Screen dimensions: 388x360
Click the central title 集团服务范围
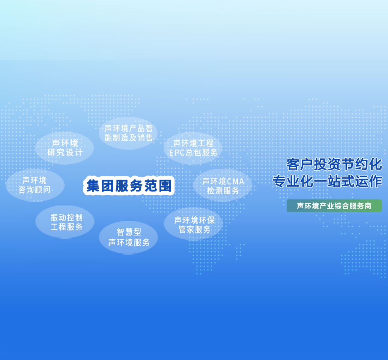click(x=129, y=186)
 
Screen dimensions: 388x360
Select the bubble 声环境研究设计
click(x=65, y=148)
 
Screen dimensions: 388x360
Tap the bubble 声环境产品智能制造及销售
click(x=128, y=133)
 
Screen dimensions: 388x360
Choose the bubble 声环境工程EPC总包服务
click(x=193, y=148)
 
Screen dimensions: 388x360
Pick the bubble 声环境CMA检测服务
click(x=223, y=186)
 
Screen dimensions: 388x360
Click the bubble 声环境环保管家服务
click(x=194, y=224)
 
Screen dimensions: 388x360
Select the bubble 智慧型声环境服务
click(x=129, y=237)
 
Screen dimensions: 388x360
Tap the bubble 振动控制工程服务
click(x=65, y=222)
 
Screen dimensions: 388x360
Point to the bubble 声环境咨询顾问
click(x=35, y=185)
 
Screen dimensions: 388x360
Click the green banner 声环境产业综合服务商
click(x=334, y=206)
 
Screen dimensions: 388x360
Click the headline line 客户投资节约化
click(x=334, y=164)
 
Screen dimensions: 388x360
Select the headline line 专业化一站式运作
click(x=327, y=181)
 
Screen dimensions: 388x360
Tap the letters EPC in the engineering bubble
click(x=177, y=153)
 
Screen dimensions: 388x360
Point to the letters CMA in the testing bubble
click(x=235, y=182)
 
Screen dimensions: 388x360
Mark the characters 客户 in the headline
click(x=300, y=164)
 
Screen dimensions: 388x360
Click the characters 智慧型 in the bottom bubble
click(x=129, y=232)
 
